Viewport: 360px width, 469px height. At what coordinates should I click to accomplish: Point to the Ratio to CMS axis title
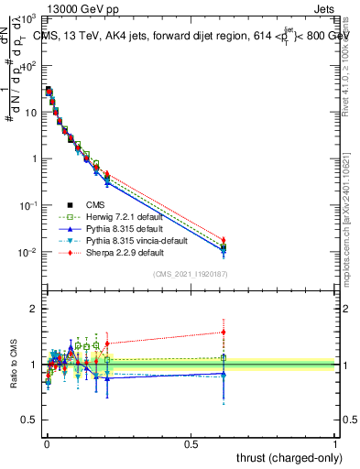(14, 365)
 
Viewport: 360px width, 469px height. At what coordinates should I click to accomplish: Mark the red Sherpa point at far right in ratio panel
(223, 332)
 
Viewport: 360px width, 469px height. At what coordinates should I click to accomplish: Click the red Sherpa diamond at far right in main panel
(223, 240)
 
